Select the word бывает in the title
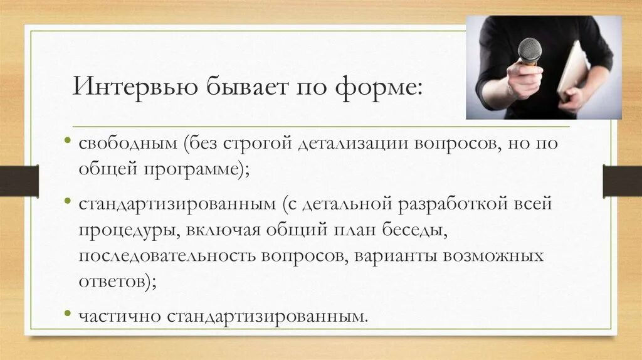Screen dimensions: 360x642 pyautogui.click(x=241, y=86)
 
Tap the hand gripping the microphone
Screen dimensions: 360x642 pyautogui.click(x=524, y=80)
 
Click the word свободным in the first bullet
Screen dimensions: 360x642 pyautogui.click(x=129, y=144)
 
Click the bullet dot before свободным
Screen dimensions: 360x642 pyautogui.click(x=66, y=137)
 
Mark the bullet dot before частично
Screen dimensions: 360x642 pyautogui.click(x=66, y=312)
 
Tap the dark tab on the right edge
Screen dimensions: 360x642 pyautogui.click(x=622, y=181)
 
